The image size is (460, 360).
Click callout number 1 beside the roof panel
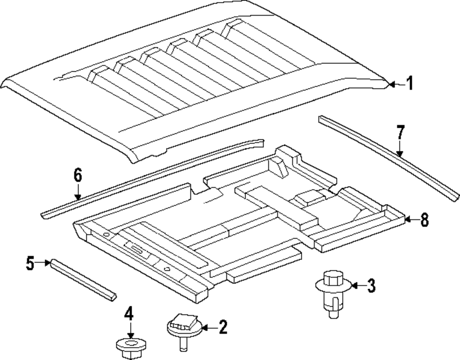click(409, 84)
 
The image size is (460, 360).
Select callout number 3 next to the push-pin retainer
click(371, 286)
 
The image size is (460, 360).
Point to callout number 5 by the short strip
click(30, 263)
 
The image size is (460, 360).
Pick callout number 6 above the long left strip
click(77, 175)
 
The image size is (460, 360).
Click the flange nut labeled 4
click(130, 346)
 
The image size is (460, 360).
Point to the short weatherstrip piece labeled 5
click(83, 280)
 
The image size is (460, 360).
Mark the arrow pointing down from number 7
click(400, 150)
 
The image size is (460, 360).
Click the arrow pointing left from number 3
click(357, 286)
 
